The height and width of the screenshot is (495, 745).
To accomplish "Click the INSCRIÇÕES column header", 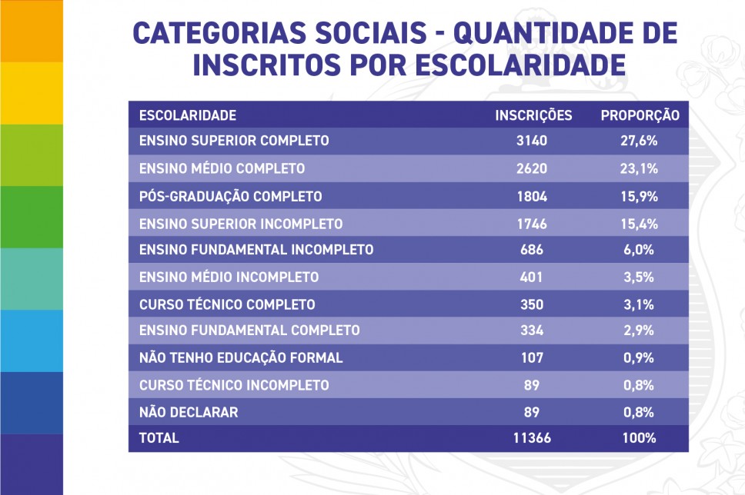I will (x=533, y=115).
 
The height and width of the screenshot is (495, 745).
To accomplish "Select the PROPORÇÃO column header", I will (x=640, y=115).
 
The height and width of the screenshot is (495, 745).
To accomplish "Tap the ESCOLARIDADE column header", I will (x=188, y=115).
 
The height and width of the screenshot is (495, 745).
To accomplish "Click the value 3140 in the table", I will (x=533, y=141).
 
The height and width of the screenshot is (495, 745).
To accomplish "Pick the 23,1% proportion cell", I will (x=640, y=168).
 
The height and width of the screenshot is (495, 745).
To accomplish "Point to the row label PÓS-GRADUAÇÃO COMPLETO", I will (x=230, y=196).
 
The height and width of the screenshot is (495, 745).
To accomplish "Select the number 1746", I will (x=533, y=223).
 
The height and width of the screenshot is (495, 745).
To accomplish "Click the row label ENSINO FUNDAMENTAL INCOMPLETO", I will (x=256, y=250).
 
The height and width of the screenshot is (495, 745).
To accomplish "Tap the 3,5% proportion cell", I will (x=640, y=277).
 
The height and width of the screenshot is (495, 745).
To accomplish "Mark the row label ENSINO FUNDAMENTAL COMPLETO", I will (x=249, y=331).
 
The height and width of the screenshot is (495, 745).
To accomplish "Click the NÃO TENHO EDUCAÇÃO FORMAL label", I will (x=241, y=357).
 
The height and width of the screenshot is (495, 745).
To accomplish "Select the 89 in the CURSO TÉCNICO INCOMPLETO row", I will (x=532, y=385).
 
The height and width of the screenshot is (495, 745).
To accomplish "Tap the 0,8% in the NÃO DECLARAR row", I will (x=640, y=412).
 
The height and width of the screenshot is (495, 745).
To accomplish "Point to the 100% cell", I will (x=640, y=438).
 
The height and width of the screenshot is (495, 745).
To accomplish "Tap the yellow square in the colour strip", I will (x=32, y=93).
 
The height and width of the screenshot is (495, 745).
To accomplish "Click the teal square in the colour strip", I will (x=32, y=278).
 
